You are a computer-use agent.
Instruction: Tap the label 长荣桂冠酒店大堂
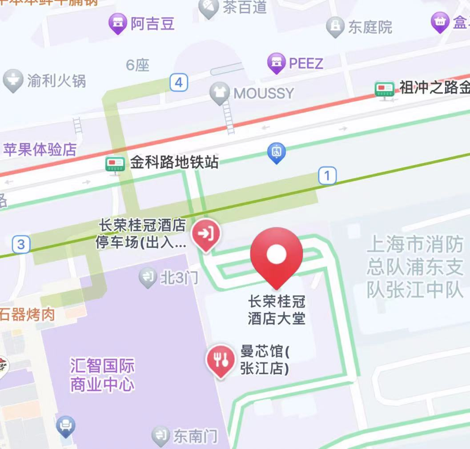pyautogui.click(x=277, y=310)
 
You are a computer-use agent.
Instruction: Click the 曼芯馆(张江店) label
pyautogui.click(x=265, y=360)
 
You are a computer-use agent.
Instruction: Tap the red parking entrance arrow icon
pyautogui.click(x=205, y=233)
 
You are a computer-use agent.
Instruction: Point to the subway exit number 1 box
pyautogui.click(x=327, y=176)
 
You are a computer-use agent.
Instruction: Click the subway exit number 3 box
pyautogui.click(x=21, y=244)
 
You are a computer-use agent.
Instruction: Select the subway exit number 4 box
pyautogui.click(x=178, y=82)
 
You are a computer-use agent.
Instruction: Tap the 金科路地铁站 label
pyautogui.click(x=174, y=163)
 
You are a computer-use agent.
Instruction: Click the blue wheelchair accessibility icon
pyautogui.click(x=276, y=152)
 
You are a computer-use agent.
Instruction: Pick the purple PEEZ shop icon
pyautogui.click(x=276, y=63)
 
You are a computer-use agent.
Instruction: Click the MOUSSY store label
pyautogui.click(x=264, y=93)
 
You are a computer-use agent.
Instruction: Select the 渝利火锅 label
pyautogui.click(x=56, y=81)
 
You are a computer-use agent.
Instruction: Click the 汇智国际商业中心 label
pyautogui.click(x=102, y=376)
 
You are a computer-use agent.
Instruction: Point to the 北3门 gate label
pyautogui.click(x=178, y=278)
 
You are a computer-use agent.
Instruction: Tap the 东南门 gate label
pyautogui.click(x=195, y=437)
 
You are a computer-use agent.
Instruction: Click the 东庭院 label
pyautogui.click(x=370, y=27)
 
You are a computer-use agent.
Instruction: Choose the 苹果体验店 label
pyautogui.click(x=40, y=149)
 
